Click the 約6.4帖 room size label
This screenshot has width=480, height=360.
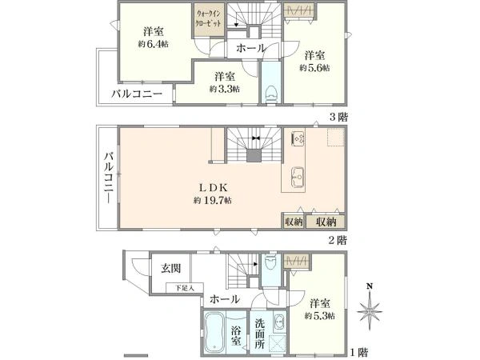(150, 44)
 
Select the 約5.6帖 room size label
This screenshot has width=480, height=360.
(314, 69)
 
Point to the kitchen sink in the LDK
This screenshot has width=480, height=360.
(297, 176)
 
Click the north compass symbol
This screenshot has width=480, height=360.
(369, 307)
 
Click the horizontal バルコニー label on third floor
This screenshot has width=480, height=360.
(137, 94)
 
